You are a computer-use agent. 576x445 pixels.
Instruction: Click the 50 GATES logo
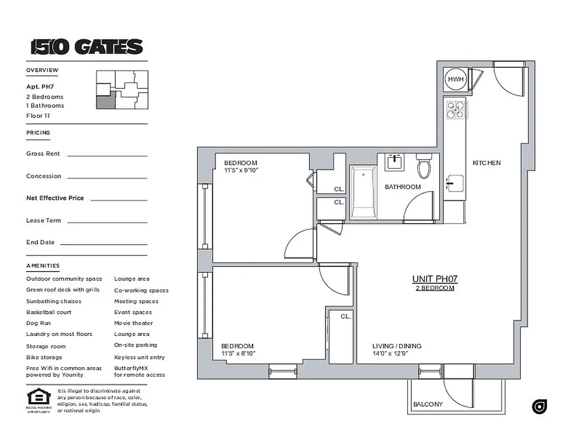point(87,47)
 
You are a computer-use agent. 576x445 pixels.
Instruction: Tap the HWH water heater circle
point(456,80)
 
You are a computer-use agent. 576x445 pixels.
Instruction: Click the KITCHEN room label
point(486,163)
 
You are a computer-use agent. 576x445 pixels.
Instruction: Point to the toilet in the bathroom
point(424,166)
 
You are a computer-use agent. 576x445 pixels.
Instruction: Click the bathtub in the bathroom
point(363,192)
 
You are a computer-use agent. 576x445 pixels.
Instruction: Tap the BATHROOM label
point(402,187)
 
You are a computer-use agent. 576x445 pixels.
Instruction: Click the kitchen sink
point(454,182)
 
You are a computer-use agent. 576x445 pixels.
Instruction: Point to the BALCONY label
point(428,404)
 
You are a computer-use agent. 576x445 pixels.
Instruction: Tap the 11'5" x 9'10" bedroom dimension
point(240,170)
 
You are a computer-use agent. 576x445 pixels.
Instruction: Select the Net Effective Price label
point(55,198)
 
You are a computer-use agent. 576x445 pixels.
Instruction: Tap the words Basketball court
point(48,312)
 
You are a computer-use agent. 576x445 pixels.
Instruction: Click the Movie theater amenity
point(133,323)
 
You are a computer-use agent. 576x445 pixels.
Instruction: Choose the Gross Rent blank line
point(107,156)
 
